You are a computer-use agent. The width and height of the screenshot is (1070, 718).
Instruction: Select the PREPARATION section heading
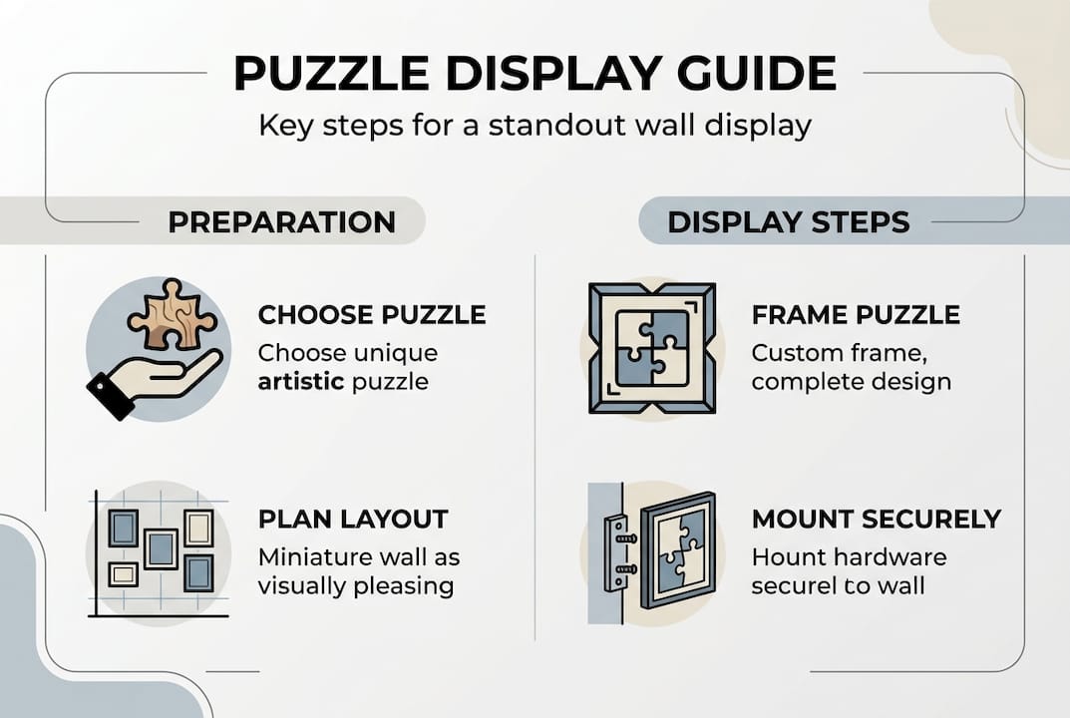pos(282,222)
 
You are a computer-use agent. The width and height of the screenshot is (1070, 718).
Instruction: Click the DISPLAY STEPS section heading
pos(789,222)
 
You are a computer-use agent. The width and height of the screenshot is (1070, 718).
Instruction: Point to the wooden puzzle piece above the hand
pos(172,315)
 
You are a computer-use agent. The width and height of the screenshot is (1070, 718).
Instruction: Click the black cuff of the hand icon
pos(109,396)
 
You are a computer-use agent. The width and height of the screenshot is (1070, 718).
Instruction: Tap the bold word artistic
pos(301,382)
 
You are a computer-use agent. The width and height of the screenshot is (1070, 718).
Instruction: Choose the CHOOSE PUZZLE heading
pos(372,315)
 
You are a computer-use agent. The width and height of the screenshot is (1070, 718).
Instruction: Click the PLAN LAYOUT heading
pos(353,519)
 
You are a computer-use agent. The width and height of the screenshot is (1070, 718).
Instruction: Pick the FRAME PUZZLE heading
pos(856,315)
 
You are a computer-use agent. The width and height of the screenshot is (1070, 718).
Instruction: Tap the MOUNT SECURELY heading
pos(877,519)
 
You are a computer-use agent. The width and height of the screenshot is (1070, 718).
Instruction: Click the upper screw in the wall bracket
pos(626,538)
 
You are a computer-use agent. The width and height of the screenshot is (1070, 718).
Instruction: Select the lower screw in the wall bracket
pos(626,569)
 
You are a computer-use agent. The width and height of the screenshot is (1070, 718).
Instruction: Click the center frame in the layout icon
pos(161,549)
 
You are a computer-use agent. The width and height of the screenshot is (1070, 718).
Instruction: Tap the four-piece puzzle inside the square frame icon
pos(652,348)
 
